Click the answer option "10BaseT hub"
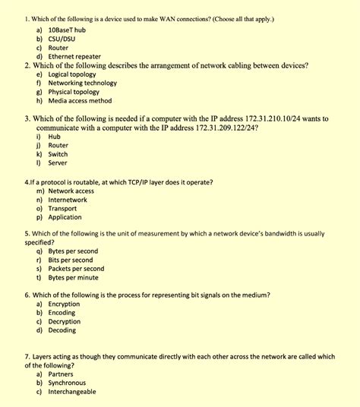coord(66,29)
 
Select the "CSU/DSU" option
coord(62,38)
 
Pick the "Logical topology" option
coord(72,74)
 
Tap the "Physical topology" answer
coord(74,92)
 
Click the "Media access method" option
coord(80,101)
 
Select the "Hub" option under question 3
coord(54,137)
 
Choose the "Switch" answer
coord(58,154)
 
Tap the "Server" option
coord(58,163)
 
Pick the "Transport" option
coord(63,209)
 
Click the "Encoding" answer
coord(62,313)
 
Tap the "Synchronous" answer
coord(67,383)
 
